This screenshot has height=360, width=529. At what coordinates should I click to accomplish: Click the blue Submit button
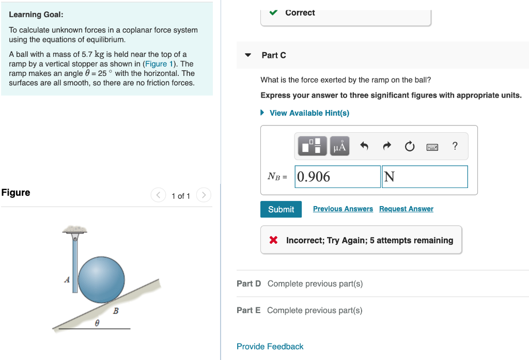(x=281, y=209)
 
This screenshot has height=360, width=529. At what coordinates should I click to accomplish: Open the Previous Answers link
(x=343, y=209)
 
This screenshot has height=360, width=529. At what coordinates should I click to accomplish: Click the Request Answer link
(x=406, y=209)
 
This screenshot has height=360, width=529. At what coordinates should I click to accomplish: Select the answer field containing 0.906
(x=337, y=177)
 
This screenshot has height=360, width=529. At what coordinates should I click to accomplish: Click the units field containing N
(x=425, y=177)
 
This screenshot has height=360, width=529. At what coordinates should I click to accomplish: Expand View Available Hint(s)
(x=309, y=113)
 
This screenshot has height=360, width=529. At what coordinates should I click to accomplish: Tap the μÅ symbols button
(x=339, y=147)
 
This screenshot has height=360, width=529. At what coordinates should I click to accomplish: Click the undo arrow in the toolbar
(x=364, y=147)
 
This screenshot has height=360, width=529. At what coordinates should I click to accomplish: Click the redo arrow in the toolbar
(x=387, y=147)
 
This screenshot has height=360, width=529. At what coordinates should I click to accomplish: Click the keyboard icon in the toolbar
(x=432, y=147)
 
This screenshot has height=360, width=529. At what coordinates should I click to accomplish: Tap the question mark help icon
(x=455, y=146)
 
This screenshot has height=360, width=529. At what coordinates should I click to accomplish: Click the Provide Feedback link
(x=270, y=347)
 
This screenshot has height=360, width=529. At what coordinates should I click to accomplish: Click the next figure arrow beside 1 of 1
(x=205, y=195)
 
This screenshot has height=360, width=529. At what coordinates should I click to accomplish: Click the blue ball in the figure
(x=101, y=278)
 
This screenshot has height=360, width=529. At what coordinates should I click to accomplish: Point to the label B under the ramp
(x=116, y=311)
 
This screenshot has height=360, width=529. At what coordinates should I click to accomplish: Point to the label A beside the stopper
(x=67, y=280)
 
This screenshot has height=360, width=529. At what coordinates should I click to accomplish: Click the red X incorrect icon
(x=274, y=240)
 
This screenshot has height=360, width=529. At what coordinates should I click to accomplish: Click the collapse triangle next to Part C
(x=248, y=55)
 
